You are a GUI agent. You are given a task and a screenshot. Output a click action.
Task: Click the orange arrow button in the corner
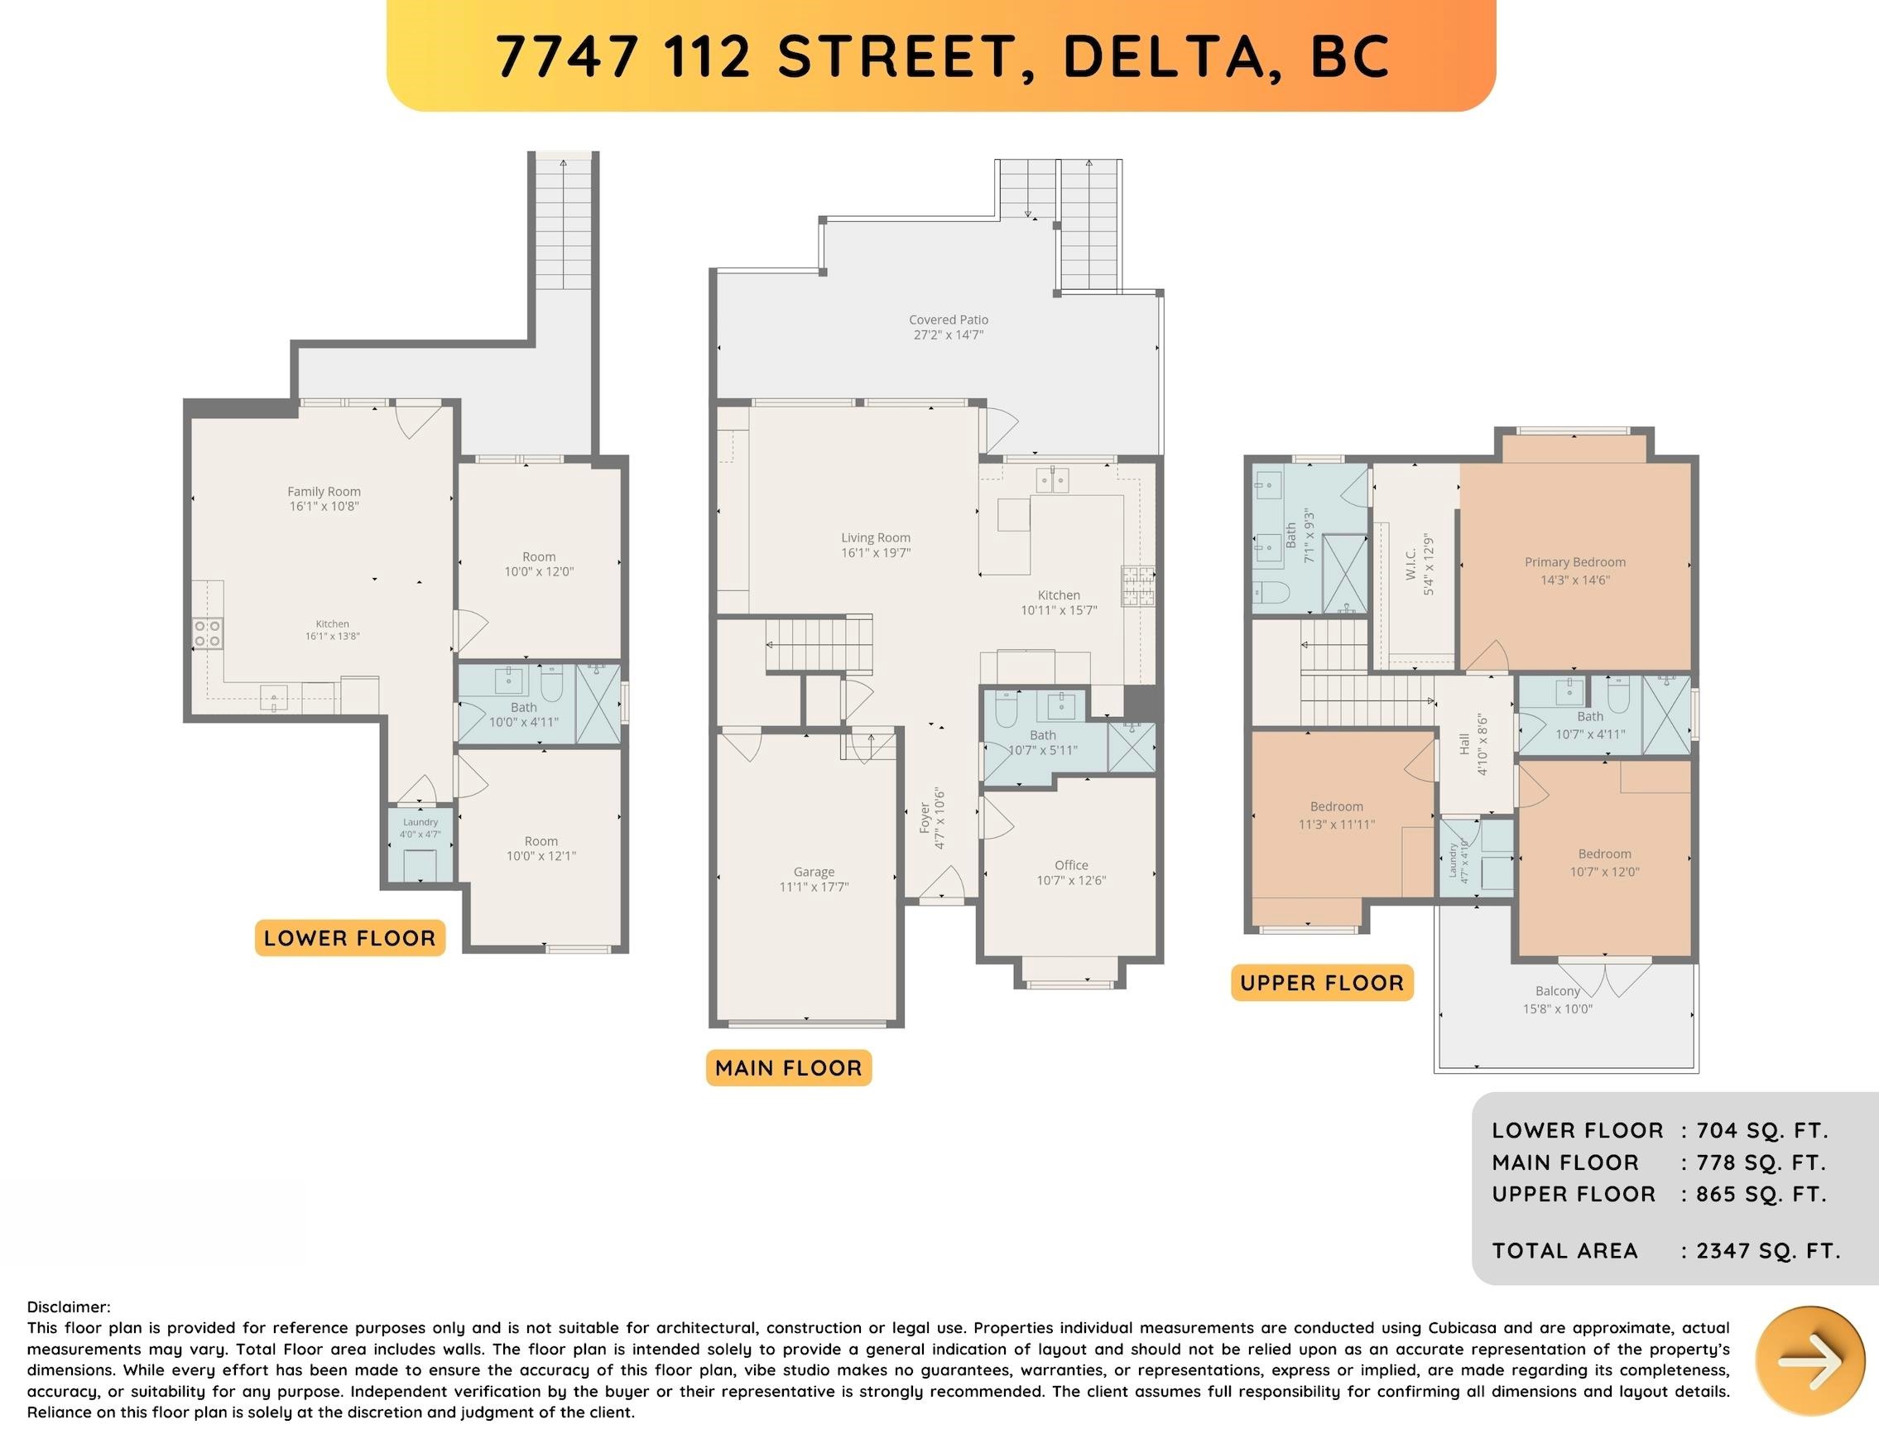[x=1809, y=1359]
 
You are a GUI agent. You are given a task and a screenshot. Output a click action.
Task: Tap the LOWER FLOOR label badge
[x=350, y=938]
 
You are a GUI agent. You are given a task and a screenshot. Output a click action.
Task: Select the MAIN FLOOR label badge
[x=789, y=1068]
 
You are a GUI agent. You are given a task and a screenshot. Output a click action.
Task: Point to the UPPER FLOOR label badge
[x=1322, y=983]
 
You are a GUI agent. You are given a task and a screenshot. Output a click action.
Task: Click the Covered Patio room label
[x=948, y=320]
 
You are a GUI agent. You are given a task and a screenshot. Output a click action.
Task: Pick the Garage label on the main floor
[x=813, y=873]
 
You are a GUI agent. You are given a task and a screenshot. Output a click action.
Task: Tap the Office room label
[x=1071, y=864]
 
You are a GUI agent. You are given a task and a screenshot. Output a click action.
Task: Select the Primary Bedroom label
[x=1575, y=562]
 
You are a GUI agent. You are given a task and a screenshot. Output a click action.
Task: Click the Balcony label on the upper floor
[x=1557, y=991]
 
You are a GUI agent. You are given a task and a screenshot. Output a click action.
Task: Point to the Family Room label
[x=324, y=492]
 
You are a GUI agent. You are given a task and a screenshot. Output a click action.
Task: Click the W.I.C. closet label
[x=1411, y=564]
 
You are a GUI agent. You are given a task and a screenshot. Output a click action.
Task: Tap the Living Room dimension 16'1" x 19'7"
[x=876, y=553]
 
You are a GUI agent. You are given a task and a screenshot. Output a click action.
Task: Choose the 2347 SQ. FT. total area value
[x=1768, y=1250]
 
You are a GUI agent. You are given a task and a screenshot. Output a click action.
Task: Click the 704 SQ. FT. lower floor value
[x=1762, y=1130]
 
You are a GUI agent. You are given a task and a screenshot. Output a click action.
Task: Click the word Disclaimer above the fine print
[x=68, y=1306]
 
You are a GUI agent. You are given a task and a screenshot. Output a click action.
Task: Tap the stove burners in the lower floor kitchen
[x=208, y=633]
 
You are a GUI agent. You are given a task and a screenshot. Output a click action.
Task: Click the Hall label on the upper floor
[x=1464, y=744]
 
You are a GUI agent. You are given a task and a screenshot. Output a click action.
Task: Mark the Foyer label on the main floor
[x=924, y=818]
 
